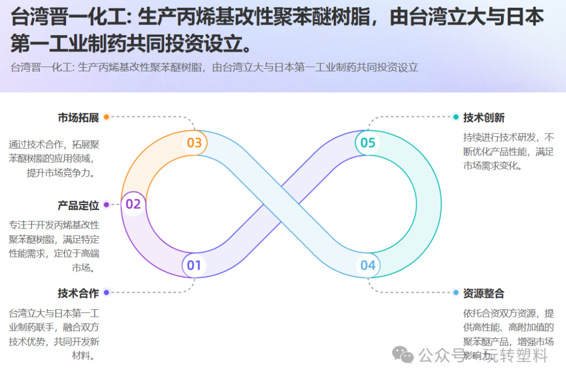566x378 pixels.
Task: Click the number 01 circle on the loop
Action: [x=194, y=265]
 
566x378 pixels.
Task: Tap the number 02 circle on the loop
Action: [x=134, y=204]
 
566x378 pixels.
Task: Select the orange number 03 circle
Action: [x=194, y=143]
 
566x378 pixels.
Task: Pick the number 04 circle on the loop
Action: [x=368, y=265]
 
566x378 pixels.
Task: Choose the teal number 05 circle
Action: [x=368, y=143]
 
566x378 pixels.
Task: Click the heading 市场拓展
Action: [x=78, y=117]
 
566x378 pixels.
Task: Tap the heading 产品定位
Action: [x=78, y=205]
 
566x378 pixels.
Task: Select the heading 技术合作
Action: [x=78, y=293]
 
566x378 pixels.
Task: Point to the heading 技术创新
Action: [x=484, y=117]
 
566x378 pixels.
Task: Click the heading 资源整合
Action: [x=484, y=293]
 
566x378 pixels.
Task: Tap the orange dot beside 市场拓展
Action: [x=106, y=117]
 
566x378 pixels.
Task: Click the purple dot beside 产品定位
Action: [x=106, y=204]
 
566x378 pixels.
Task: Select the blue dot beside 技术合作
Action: [x=106, y=293]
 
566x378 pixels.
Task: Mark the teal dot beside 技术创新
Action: [x=455, y=117]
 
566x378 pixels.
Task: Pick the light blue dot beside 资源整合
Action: [x=455, y=293]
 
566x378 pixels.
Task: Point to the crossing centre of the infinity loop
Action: [x=281, y=204]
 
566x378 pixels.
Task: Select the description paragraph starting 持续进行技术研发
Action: [x=508, y=152]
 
